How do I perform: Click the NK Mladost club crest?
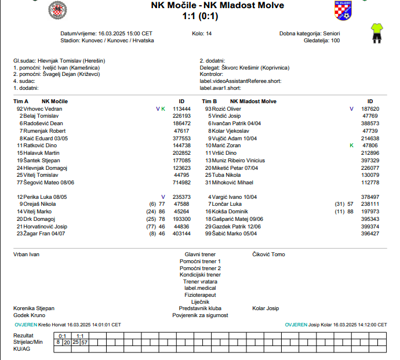343,10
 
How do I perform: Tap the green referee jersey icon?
377,33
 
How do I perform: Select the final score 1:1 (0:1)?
199,16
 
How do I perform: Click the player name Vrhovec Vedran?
42,108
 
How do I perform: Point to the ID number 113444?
181,108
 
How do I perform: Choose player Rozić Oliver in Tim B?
226,108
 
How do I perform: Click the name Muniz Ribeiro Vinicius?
239,160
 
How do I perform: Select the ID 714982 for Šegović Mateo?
181,182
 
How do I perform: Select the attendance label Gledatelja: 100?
320,41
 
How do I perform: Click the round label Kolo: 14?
202,34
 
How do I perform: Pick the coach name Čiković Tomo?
268,254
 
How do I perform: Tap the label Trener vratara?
200,281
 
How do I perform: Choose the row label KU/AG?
21,349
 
